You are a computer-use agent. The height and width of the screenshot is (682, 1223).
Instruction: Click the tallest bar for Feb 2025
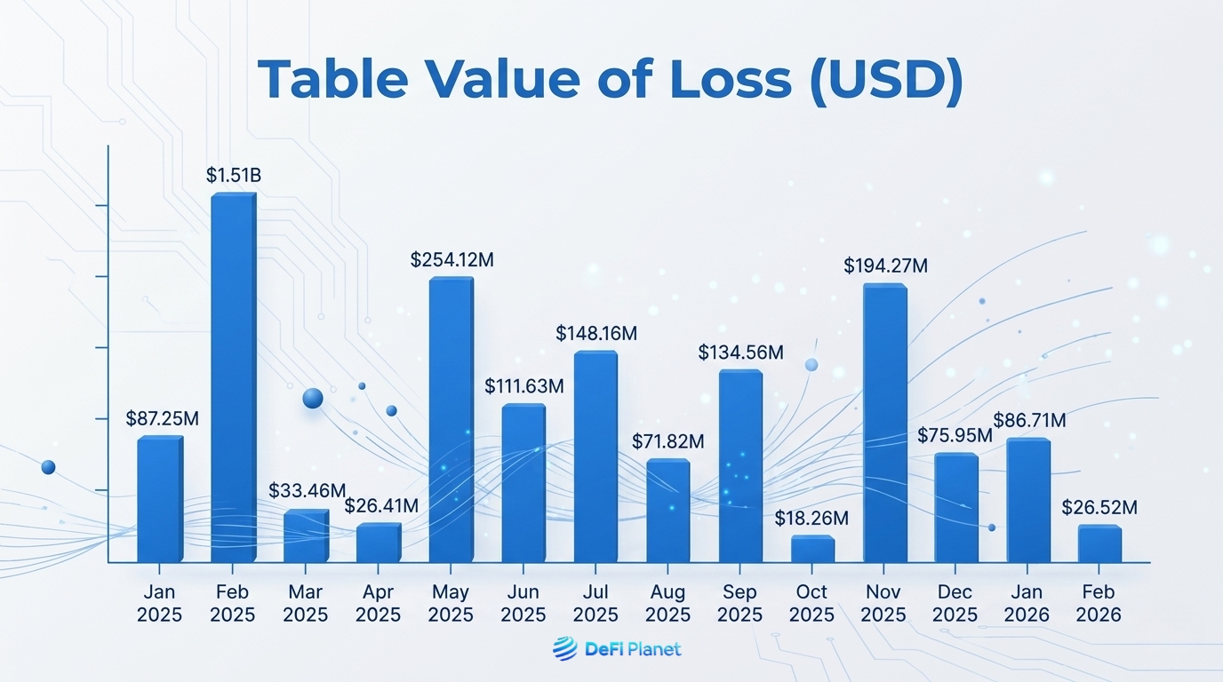(x=233, y=377)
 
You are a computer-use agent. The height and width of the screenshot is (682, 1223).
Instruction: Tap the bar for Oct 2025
(x=812, y=549)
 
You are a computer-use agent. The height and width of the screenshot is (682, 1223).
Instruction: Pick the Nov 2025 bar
(x=885, y=423)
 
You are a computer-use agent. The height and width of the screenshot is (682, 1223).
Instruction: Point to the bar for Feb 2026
(x=1099, y=543)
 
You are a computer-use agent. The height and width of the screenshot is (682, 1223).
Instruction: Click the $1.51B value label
(x=234, y=176)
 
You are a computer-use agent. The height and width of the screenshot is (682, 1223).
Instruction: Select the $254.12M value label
(x=452, y=260)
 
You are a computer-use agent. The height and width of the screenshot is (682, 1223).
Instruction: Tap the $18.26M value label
(x=811, y=518)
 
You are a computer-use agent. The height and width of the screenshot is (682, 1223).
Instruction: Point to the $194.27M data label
(x=885, y=266)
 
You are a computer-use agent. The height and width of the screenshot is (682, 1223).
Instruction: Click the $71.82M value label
(x=668, y=441)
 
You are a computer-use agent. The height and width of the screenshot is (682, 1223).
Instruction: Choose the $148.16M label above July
(x=596, y=334)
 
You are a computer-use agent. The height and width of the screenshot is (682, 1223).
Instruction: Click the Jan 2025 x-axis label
(x=159, y=603)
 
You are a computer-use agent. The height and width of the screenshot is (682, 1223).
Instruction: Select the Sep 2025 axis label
(x=740, y=603)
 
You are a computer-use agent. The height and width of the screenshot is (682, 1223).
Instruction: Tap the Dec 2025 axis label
(x=956, y=603)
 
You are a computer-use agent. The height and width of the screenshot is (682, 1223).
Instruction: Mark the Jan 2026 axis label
(x=1027, y=603)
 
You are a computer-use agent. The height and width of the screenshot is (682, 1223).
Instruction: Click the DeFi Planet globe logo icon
(x=564, y=649)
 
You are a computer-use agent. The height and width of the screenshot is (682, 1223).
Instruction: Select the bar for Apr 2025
(x=379, y=543)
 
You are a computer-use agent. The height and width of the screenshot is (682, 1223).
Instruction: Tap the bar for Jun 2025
(x=524, y=483)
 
